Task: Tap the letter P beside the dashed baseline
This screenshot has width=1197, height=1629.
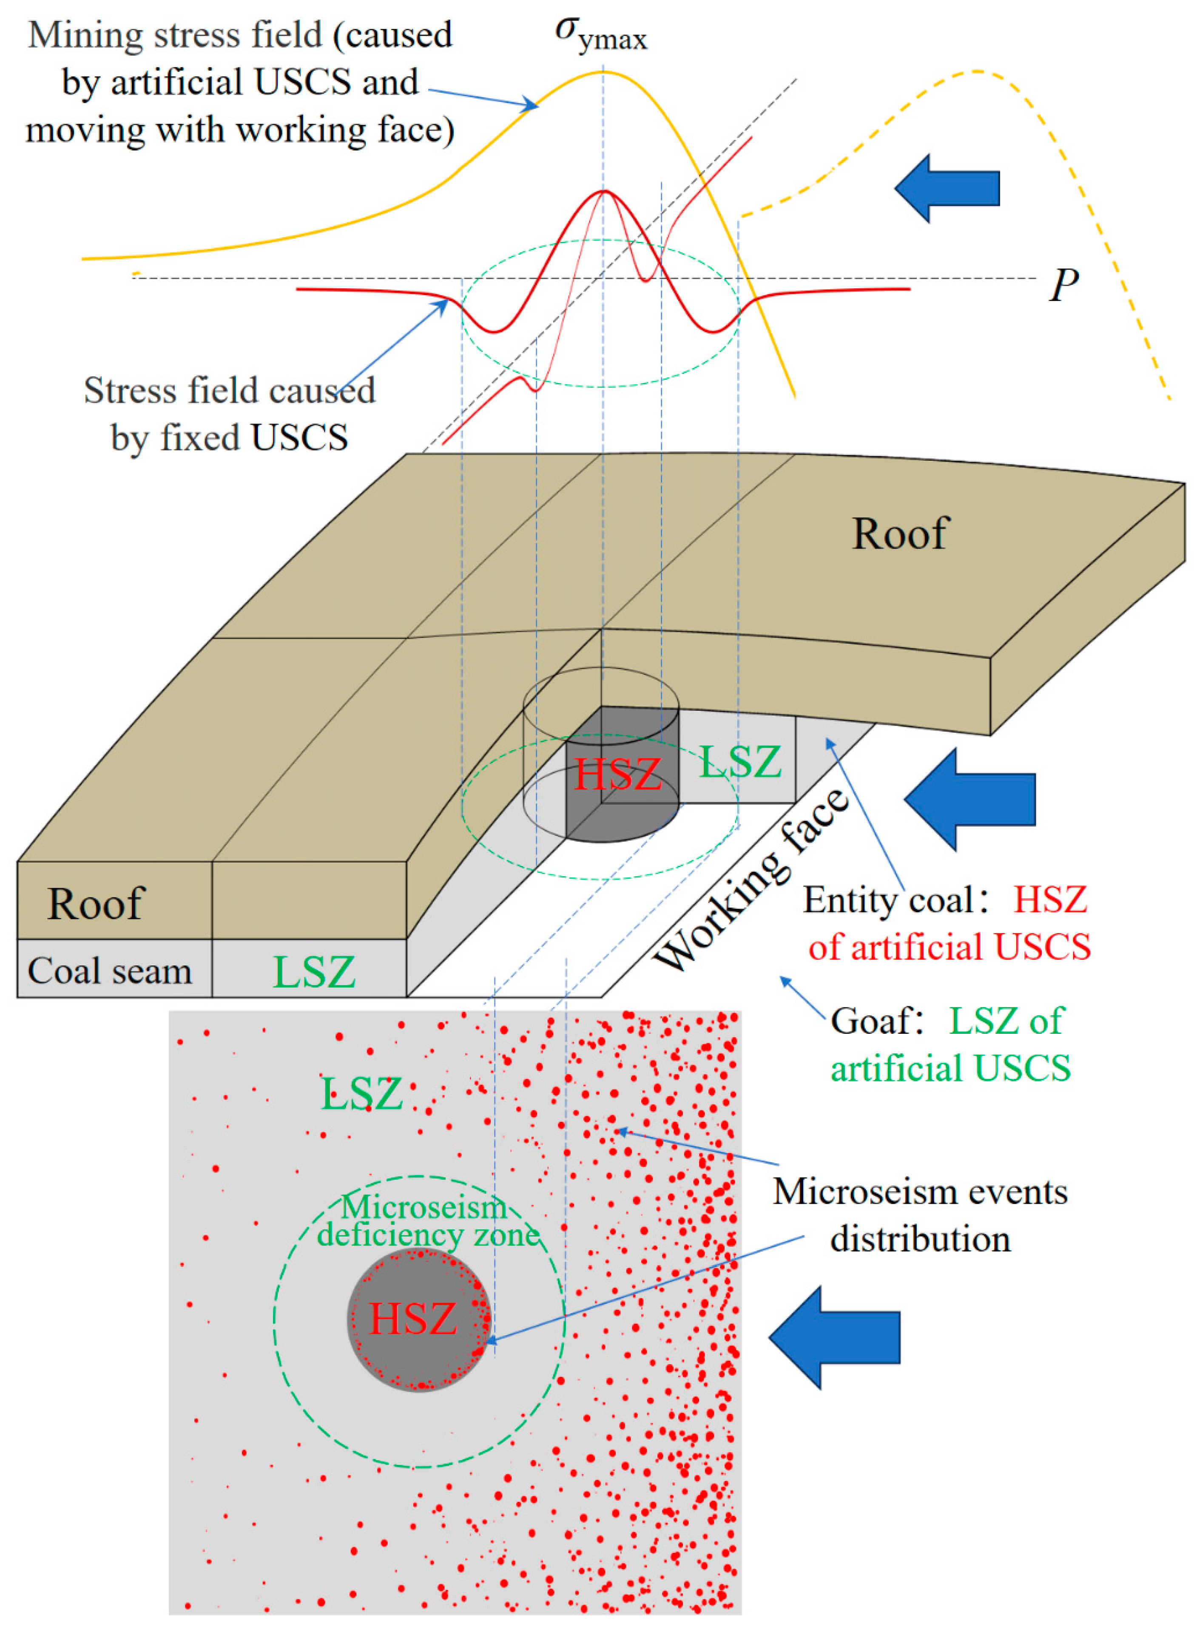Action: pos(1063,285)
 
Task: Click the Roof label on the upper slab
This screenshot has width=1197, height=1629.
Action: pos(899,534)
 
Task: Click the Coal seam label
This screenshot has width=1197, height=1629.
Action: pos(109,971)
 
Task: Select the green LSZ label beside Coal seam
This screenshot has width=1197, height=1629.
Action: pos(314,972)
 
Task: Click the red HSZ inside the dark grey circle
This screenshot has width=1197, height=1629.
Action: pos(413,1319)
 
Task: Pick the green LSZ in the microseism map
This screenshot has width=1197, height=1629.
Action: pos(361,1094)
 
